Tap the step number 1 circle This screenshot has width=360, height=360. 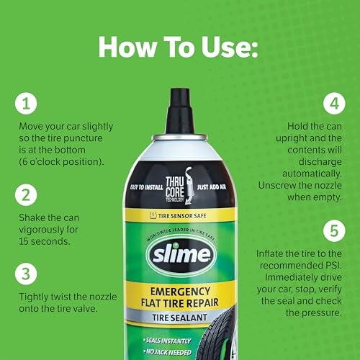pyautogui.click(x=25, y=104)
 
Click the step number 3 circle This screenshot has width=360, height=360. pyautogui.click(x=25, y=273)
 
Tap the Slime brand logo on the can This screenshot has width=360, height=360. pyautogui.click(x=180, y=256)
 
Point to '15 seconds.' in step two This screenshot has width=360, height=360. pyautogui.click(x=46, y=242)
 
